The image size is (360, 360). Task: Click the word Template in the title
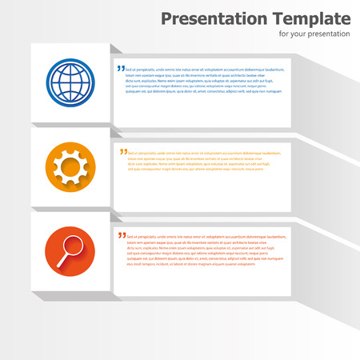[x=310, y=18]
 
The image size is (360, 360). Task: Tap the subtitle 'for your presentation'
[x=314, y=34]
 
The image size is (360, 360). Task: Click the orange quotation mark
[x=123, y=150]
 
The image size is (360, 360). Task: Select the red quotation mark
[x=122, y=235]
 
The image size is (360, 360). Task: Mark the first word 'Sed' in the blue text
[x=130, y=70]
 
